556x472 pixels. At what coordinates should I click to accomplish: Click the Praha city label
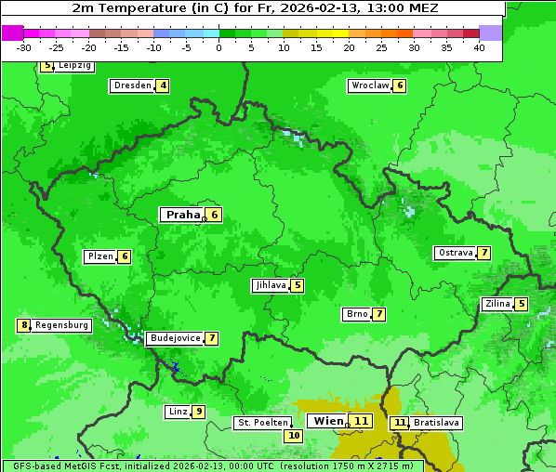pos(182,215)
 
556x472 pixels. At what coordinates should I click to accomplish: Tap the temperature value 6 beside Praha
pos(214,215)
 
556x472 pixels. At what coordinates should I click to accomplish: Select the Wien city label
pos(327,421)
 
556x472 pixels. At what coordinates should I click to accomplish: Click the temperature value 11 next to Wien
pos(362,421)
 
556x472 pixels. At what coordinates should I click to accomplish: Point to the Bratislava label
pos(436,423)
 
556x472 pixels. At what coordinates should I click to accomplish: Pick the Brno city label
pos(356,314)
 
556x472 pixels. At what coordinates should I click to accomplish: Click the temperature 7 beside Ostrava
pos(484,253)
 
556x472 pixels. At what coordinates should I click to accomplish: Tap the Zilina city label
pos(496,304)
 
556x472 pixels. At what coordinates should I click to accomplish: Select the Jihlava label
pos(270,285)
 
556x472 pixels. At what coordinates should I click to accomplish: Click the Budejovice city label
pos(175,338)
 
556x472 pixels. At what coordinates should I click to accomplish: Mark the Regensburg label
pos(62,325)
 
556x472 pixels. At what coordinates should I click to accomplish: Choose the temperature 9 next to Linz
pos(199,412)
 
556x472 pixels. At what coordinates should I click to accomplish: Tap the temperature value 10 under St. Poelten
pos(294,435)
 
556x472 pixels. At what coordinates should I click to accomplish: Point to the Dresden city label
pos(132,85)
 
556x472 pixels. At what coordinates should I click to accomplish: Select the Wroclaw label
pos(369,85)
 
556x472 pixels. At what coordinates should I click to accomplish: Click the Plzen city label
pos(99,256)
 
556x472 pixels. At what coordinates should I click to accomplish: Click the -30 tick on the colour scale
pos(24,48)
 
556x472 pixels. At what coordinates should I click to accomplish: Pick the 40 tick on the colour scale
pos(478,48)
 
